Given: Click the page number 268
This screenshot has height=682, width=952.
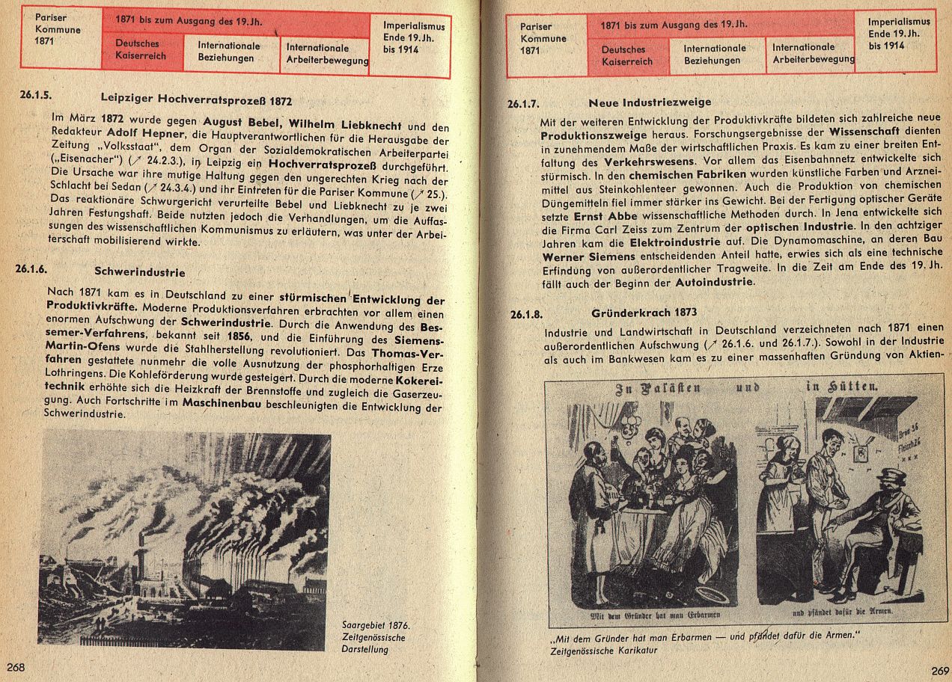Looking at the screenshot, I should [16, 666].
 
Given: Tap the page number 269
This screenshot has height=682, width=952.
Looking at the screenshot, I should [939, 670].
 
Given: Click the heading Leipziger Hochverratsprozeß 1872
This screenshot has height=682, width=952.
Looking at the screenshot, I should [196, 99].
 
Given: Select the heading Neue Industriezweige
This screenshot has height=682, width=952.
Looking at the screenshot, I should [650, 102].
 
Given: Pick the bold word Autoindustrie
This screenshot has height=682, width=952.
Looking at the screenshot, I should [715, 283].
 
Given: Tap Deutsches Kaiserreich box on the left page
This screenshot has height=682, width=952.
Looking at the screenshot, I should [140, 50].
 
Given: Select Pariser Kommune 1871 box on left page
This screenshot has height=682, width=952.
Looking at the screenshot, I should [58, 29].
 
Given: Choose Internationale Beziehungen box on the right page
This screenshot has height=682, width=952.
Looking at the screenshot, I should [714, 54].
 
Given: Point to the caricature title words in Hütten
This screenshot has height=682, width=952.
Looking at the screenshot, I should [842, 387].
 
